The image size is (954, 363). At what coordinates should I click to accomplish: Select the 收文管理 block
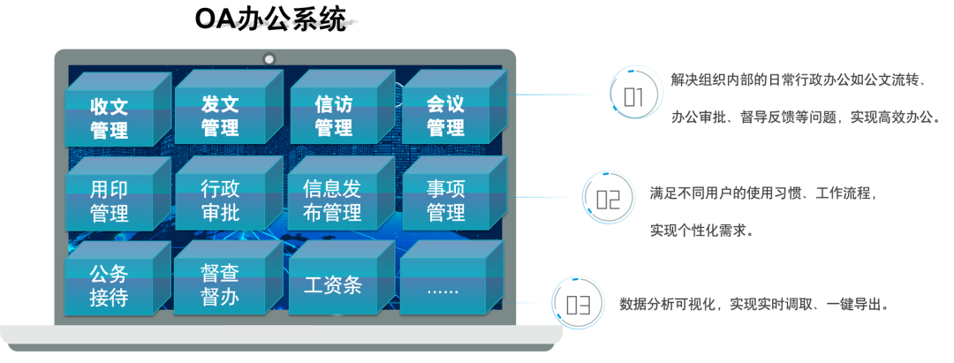[110, 119]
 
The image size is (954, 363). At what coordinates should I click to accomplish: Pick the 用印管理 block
[110, 201]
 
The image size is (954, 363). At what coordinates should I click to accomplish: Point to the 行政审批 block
[220, 200]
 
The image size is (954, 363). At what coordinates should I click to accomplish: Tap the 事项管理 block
[445, 200]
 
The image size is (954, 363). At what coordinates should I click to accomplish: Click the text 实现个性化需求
[701, 231]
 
